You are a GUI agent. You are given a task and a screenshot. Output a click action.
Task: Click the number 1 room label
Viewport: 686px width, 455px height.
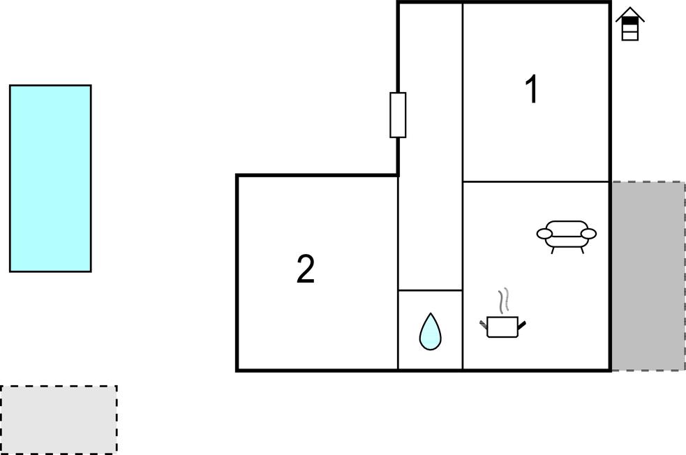click(x=532, y=91)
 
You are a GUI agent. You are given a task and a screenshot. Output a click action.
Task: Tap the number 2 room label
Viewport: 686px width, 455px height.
click(x=306, y=270)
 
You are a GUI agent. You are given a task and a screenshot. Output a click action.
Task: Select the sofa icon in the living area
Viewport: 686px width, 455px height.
click(x=567, y=234)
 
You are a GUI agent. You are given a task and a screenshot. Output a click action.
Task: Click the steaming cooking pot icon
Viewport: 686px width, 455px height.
click(x=502, y=325)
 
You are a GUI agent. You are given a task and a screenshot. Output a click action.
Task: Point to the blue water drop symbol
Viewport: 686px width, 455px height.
click(x=430, y=331)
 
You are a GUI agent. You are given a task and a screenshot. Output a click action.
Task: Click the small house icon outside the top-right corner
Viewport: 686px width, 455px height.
click(x=629, y=24)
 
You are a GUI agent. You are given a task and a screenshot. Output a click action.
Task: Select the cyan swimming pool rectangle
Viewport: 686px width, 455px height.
click(x=50, y=178)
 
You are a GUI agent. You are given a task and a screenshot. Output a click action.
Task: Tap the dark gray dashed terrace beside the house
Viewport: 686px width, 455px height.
click(x=648, y=276)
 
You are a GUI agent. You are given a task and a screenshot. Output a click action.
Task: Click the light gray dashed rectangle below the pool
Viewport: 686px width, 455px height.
click(x=59, y=419)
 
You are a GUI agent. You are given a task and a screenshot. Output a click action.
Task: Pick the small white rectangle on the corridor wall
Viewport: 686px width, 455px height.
click(x=398, y=114)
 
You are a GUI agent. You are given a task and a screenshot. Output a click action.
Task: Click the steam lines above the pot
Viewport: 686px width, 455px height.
click(x=504, y=301)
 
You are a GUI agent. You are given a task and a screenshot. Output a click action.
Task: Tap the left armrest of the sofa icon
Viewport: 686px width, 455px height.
click(x=545, y=234)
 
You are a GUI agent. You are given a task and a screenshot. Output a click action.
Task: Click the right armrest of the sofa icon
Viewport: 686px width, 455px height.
click(x=588, y=234)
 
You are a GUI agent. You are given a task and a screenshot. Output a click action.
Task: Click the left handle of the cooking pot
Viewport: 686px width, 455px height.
click(x=484, y=323)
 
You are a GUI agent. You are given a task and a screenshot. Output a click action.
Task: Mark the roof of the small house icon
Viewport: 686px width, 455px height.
click(x=629, y=14)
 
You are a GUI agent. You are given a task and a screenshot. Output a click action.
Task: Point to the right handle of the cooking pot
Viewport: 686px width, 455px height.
click(x=521, y=323)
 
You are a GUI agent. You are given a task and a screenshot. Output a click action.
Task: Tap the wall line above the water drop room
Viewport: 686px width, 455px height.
click(x=430, y=290)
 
